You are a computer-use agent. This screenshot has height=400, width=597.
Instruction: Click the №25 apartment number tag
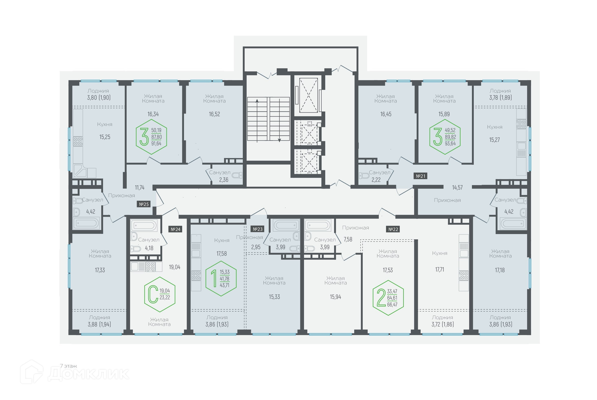tap(144, 204)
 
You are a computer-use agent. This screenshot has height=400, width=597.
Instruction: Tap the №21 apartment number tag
tap(421, 176)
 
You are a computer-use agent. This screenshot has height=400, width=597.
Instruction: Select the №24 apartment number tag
tap(176, 229)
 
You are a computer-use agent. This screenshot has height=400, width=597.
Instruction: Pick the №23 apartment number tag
tap(258, 229)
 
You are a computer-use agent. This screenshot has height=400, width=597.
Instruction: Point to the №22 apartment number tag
tap(393, 229)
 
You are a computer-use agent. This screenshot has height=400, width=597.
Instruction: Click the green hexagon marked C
tap(160, 294)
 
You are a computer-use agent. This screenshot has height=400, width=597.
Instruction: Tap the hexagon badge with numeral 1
tap(221, 278)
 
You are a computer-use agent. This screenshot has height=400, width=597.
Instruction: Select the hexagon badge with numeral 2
tap(388, 298)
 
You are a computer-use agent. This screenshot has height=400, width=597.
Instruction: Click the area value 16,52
tap(214, 114)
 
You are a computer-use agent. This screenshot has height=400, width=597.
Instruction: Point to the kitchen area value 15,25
tap(105, 137)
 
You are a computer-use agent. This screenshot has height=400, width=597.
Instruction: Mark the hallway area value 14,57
tap(457, 187)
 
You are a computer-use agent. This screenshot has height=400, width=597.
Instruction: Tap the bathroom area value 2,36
tap(224, 180)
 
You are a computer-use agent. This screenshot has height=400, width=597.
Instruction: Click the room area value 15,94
tap(336, 297)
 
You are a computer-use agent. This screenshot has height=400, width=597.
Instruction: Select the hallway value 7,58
tap(348, 239)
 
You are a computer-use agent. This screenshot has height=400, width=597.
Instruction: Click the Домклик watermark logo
tap(75, 372)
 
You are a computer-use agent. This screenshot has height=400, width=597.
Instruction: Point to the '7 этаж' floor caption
tap(68, 366)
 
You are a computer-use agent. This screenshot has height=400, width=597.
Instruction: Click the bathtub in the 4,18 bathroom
tap(144, 225)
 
